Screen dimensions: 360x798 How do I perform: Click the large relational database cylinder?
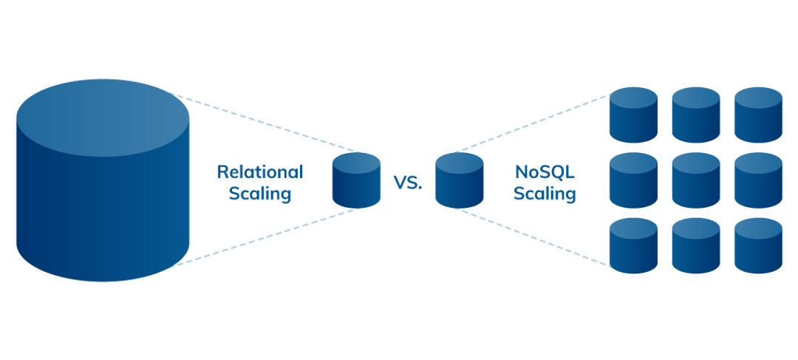[103, 200]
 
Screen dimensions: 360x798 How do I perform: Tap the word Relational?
[259, 171]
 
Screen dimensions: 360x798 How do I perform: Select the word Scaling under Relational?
[259, 194]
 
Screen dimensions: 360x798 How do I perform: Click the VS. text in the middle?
[408, 183]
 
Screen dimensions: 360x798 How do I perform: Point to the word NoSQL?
[545, 171]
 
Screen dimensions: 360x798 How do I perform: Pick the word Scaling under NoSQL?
[545, 194]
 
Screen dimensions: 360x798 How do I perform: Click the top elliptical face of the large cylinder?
[103, 118]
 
